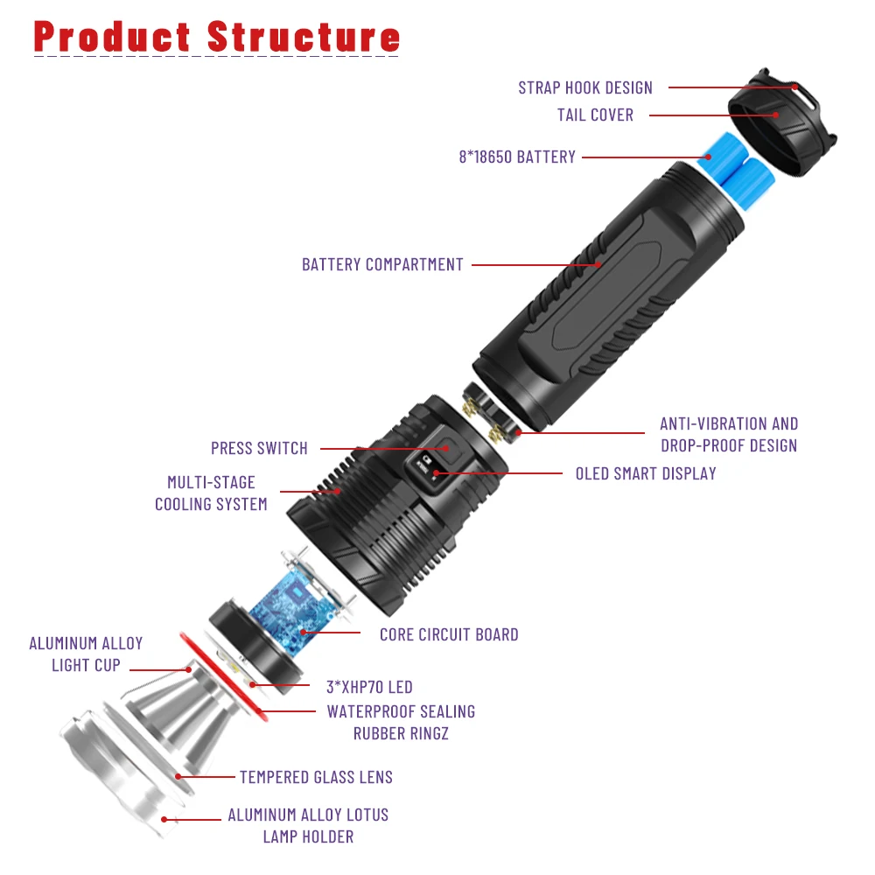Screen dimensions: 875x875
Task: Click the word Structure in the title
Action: tap(304, 37)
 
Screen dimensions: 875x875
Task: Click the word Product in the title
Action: tap(113, 37)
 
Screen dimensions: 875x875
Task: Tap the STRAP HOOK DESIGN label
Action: tap(585, 87)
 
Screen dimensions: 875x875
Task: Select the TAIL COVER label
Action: tap(595, 115)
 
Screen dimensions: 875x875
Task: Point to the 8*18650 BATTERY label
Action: tap(517, 157)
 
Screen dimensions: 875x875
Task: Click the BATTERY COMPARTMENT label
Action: tap(382, 264)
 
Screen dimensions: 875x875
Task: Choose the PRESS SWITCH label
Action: tap(259, 448)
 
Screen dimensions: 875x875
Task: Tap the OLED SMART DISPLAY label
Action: tap(646, 473)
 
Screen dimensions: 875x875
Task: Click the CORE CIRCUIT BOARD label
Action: tap(449, 634)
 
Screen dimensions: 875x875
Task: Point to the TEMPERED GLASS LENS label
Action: tap(316, 777)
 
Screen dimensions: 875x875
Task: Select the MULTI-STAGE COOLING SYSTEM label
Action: tap(211, 493)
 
